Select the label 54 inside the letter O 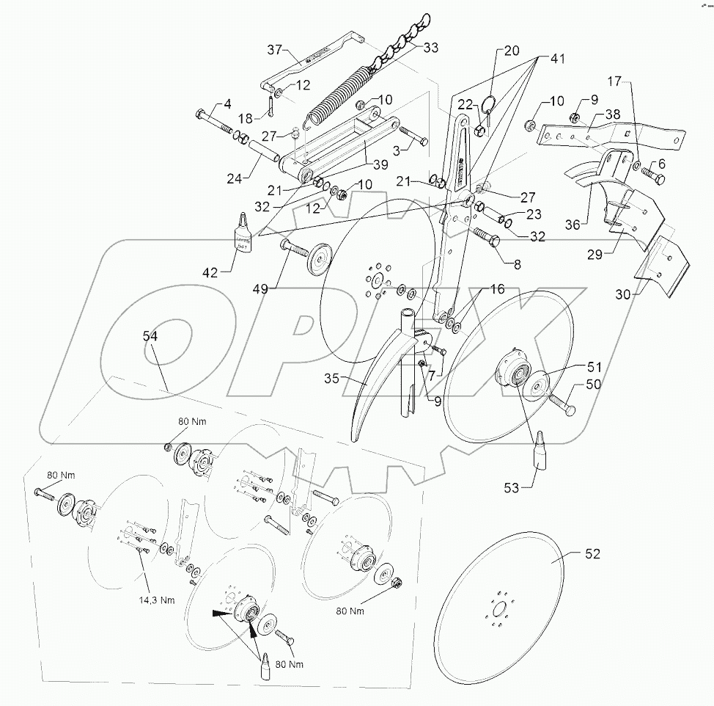(x=150, y=335)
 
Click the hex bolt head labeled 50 (x=568, y=409)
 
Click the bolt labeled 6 (x=655, y=177)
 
